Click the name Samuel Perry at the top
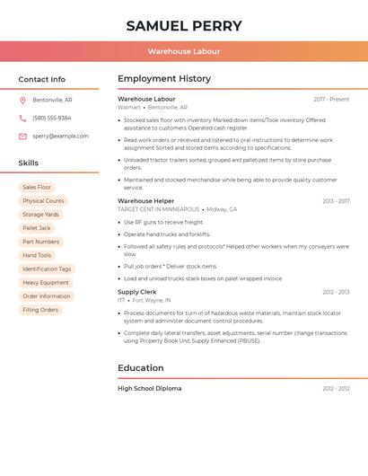184,25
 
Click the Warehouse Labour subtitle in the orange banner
184,51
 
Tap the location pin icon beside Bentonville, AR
22,100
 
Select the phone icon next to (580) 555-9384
22,118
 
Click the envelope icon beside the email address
22,137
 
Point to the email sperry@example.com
60,137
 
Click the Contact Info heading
42,79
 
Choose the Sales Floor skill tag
37,188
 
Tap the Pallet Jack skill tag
37,228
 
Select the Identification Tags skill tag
47,269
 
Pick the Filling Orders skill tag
40,310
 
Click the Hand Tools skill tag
37,255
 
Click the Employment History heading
164,79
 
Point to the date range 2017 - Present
331,100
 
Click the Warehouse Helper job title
146,201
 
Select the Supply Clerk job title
137,292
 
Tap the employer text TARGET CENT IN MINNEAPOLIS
159,209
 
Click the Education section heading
141,367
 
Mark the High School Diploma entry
150,389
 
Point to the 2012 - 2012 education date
336,389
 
